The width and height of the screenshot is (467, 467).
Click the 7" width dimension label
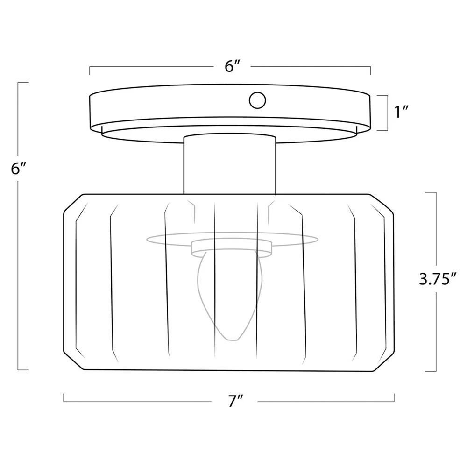tap(235, 401)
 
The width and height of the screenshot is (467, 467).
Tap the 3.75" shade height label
tap(438, 279)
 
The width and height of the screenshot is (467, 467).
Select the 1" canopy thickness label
tap(401, 112)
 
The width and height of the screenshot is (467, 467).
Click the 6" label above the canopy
tap(232, 66)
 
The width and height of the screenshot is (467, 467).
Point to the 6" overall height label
tap(19, 169)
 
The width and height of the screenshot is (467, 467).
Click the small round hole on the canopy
tap(257, 100)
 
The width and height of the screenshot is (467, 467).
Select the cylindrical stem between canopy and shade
tap(230, 165)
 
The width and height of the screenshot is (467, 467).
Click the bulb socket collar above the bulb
tap(232, 248)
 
